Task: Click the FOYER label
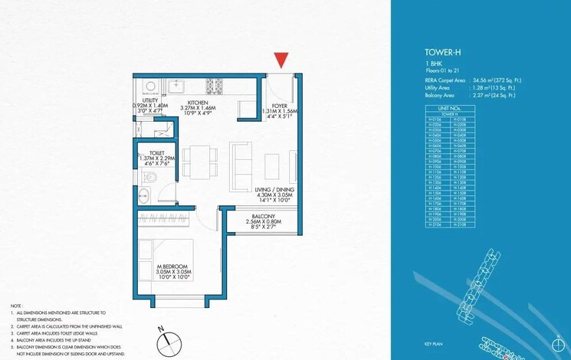279,106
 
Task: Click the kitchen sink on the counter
175,83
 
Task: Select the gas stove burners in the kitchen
213,83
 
